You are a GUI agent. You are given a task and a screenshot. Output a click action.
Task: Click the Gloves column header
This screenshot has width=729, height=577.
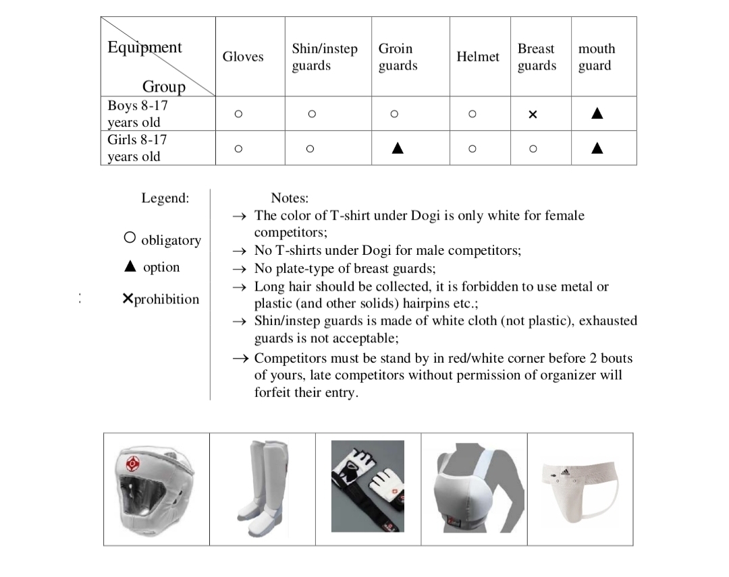point(243,57)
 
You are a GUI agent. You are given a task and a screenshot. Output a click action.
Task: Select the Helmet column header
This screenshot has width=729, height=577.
point(478,57)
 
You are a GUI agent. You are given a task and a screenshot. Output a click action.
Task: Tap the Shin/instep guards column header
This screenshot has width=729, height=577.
point(325,57)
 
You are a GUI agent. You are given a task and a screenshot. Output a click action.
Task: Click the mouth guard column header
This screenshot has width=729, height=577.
point(597,57)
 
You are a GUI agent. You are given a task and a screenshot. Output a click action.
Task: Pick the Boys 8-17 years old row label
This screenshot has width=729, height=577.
point(138,114)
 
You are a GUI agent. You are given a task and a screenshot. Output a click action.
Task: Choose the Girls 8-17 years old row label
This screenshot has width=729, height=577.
point(138,148)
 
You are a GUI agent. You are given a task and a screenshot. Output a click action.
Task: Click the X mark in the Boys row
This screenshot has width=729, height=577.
point(533,115)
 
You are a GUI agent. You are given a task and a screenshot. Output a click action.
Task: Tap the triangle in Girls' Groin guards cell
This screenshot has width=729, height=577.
point(398,148)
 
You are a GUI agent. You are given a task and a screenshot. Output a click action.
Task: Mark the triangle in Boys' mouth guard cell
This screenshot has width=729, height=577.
point(597,114)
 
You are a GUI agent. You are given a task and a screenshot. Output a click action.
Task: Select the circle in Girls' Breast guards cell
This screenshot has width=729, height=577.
point(533,148)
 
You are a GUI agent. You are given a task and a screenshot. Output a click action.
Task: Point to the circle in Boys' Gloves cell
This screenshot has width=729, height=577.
point(238,114)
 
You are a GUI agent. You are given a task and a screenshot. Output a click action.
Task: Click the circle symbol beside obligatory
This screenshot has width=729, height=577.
point(130,238)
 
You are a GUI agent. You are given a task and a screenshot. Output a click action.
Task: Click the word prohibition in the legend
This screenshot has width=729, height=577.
point(167,299)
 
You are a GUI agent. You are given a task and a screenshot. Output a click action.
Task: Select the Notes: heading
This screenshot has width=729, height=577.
point(290,198)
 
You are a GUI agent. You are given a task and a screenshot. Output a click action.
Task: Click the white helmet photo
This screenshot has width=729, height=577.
point(156,487)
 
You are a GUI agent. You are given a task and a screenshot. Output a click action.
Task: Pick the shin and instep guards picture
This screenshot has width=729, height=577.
point(263,487)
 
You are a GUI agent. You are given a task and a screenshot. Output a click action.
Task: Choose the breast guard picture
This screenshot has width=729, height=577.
point(474,487)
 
